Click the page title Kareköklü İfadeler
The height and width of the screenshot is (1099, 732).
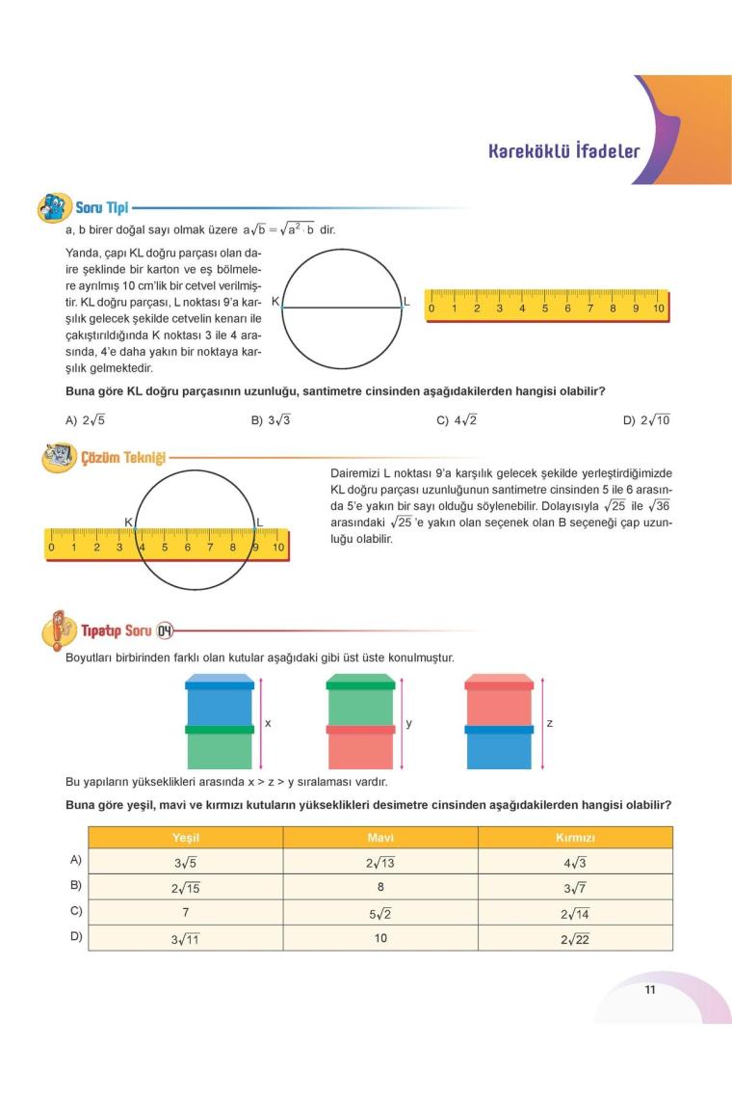(563, 151)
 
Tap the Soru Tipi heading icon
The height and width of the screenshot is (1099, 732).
(54, 206)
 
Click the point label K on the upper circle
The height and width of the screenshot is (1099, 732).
(275, 302)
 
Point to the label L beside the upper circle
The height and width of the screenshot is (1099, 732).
(406, 302)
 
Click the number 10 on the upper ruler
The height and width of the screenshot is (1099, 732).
(659, 309)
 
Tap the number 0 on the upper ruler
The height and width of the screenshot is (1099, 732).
(431, 309)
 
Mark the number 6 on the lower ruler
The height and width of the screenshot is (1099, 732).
(187, 548)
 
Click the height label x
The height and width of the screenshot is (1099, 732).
(267, 722)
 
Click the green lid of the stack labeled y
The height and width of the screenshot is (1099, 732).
(360, 684)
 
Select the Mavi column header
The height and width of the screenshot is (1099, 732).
(380, 838)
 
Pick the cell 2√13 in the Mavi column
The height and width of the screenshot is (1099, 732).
(380, 863)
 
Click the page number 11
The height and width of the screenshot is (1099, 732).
(650, 988)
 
